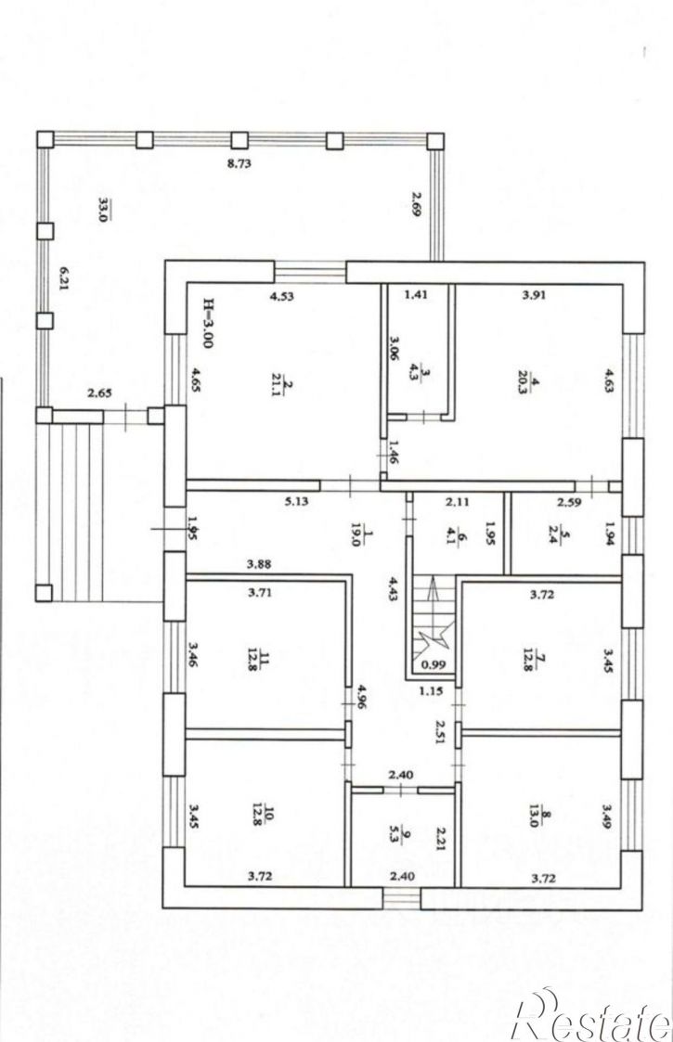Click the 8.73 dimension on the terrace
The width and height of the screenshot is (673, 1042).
tap(239, 163)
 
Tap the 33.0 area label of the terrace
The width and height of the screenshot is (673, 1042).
tap(104, 209)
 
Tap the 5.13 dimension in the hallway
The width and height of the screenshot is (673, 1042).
tap(296, 502)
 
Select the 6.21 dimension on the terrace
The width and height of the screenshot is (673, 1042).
tap(64, 279)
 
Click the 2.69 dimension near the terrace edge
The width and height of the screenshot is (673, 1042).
tap(417, 204)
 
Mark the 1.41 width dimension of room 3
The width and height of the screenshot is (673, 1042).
tap(416, 295)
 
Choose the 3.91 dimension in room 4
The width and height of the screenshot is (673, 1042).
tap(534, 295)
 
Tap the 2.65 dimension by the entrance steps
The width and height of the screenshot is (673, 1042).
tap(99, 393)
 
